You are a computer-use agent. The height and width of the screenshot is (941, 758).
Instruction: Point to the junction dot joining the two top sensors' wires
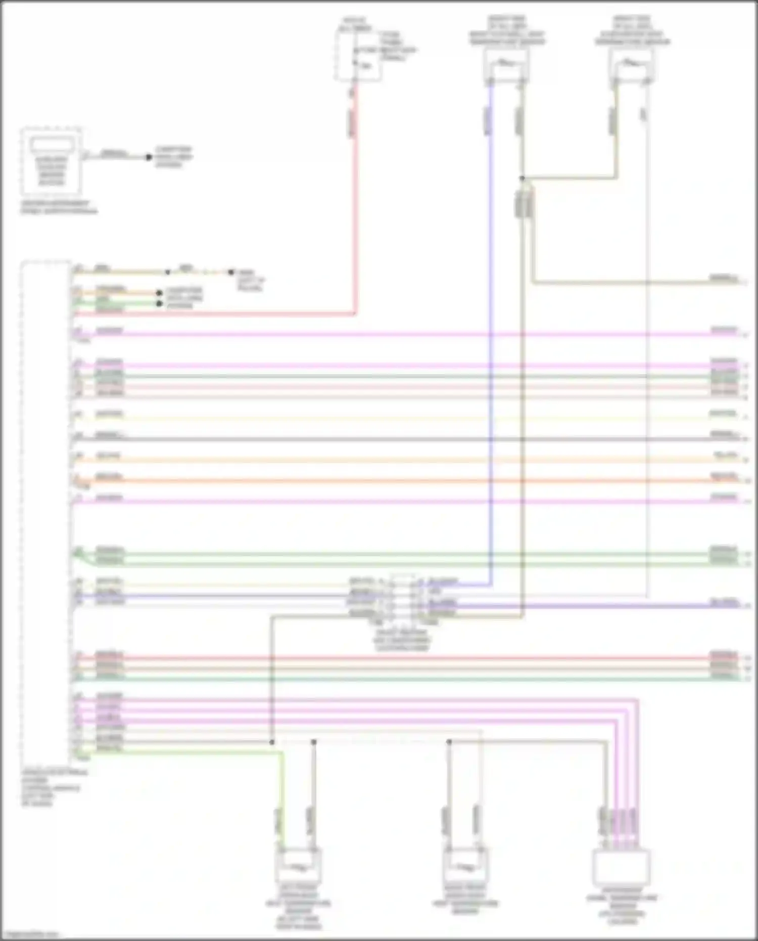tap(522, 178)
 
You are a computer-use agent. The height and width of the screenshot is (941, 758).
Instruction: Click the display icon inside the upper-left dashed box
tap(51, 145)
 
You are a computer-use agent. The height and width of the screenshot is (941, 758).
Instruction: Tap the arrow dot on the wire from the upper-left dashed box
tap(149, 157)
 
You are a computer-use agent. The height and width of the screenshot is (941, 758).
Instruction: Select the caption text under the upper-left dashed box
tap(59, 207)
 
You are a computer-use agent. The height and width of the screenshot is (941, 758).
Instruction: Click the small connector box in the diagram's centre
tap(402, 599)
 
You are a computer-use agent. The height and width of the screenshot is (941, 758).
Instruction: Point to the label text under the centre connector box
tap(402, 640)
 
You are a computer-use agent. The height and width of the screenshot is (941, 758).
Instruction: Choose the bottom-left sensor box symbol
tap(298, 866)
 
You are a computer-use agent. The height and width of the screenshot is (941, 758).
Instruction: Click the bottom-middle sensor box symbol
tap(465, 866)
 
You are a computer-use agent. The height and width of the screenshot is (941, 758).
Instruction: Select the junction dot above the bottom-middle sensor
tap(449, 742)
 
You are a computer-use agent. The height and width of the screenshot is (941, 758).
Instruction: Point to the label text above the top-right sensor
tap(632, 30)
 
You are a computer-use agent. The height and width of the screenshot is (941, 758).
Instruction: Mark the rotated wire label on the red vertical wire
tap(352, 124)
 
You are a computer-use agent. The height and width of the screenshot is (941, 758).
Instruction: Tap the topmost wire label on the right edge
tap(723, 278)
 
